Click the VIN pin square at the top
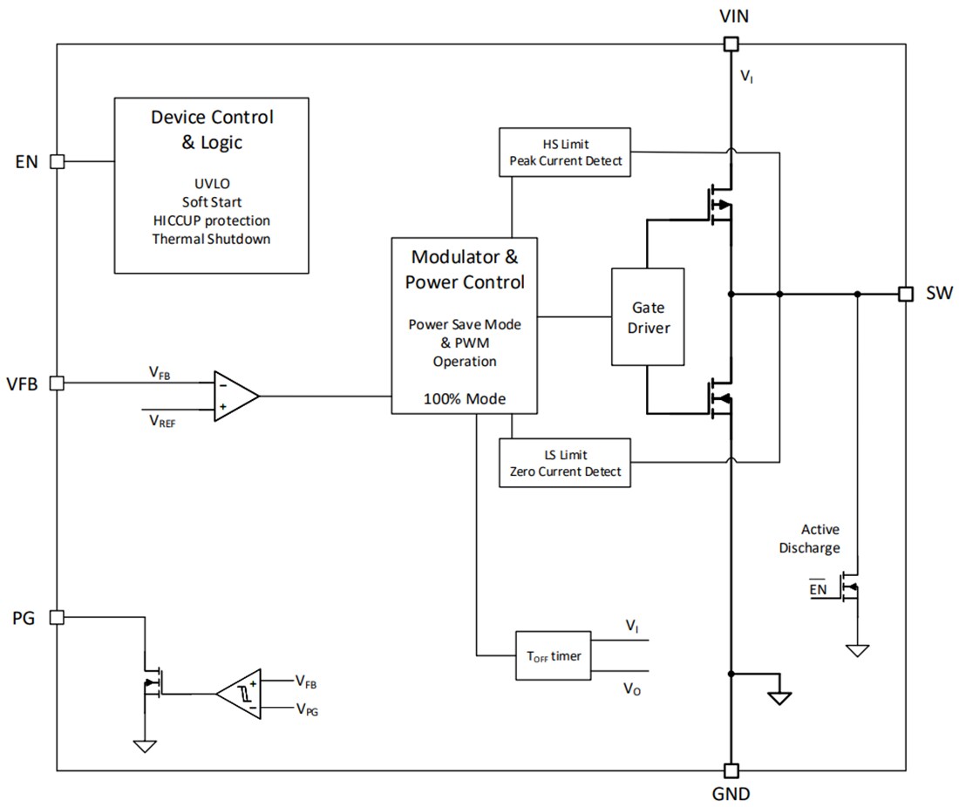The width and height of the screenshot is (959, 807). coord(731,44)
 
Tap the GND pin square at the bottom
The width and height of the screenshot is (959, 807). coord(731,770)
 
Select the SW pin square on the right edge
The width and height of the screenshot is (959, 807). coord(906,294)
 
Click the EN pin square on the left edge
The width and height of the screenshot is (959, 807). coord(57,161)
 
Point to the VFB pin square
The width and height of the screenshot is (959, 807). coord(57,383)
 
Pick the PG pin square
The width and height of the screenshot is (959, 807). coord(57,617)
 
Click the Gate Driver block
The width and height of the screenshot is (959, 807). coord(647,316)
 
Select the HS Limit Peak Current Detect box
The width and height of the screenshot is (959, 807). coord(565,153)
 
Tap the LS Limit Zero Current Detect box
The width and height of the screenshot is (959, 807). coord(565,463)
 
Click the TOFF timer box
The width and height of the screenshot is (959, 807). coord(553,656)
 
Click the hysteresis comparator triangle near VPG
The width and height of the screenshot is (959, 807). coord(241,694)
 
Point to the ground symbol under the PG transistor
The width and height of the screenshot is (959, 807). coord(144,745)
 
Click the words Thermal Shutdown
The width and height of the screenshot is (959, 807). coord(210,239)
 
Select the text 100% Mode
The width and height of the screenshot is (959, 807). coord(465,399)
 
